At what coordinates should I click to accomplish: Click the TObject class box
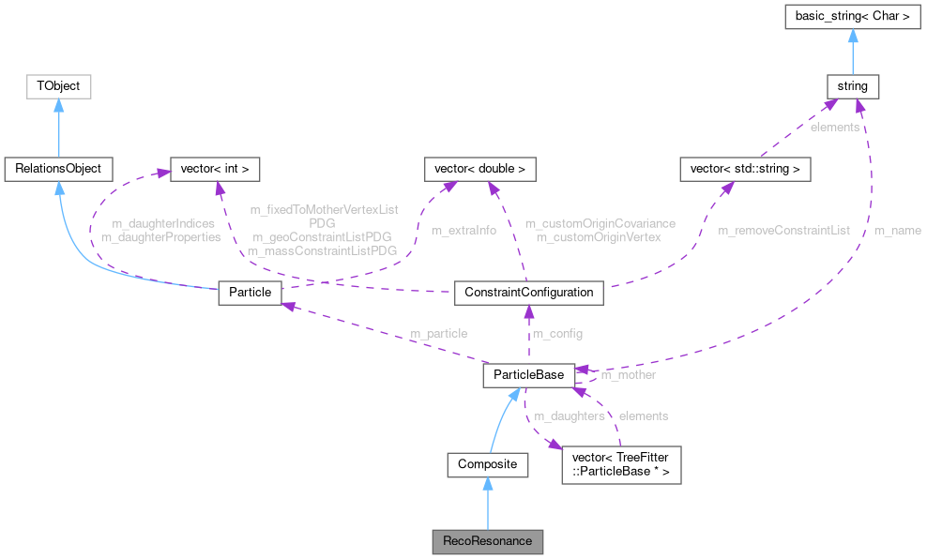(x=58, y=86)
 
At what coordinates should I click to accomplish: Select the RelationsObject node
(x=58, y=169)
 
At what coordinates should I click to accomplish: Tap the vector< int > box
(x=213, y=169)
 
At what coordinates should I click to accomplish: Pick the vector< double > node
(x=480, y=169)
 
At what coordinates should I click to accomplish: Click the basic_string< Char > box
(x=852, y=17)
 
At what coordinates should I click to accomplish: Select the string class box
(x=852, y=86)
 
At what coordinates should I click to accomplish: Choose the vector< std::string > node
(x=745, y=169)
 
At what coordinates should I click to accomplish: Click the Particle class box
(x=250, y=292)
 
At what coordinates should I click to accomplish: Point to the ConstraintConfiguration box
(x=528, y=292)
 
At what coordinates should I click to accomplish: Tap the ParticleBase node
(x=528, y=375)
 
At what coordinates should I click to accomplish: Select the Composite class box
(x=487, y=464)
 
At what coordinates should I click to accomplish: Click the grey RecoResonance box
(x=487, y=541)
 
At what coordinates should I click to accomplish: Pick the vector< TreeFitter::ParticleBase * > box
(x=620, y=464)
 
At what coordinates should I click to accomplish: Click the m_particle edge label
(x=438, y=333)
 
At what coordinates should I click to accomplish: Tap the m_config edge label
(x=557, y=334)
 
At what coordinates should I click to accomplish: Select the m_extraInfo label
(x=463, y=230)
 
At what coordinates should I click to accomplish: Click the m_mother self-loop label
(x=628, y=374)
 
